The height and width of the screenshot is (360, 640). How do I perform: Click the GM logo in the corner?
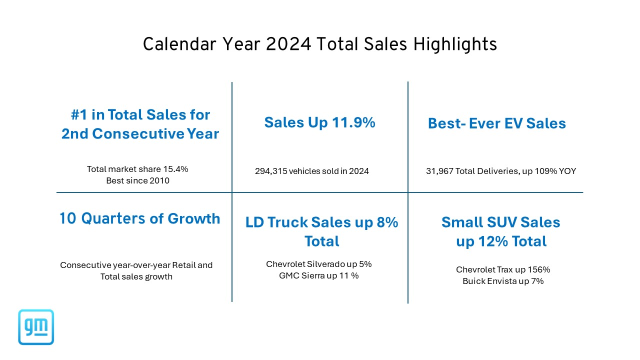click(x=36, y=327)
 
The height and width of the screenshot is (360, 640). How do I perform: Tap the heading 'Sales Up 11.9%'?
click(x=319, y=122)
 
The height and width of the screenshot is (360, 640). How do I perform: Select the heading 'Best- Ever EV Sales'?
click(x=496, y=123)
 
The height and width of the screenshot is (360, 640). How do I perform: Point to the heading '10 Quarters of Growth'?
click(x=139, y=218)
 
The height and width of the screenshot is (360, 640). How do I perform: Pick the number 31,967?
click(x=439, y=171)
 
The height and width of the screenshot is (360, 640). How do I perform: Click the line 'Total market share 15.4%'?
click(x=137, y=169)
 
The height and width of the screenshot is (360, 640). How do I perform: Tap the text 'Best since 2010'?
click(x=137, y=180)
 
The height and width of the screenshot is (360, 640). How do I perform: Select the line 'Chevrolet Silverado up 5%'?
click(x=318, y=264)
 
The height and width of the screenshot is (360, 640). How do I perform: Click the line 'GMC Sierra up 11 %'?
click(x=318, y=275)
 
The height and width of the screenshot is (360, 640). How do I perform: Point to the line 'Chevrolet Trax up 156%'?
click(x=503, y=269)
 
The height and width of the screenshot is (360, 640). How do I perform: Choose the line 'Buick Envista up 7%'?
click(x=503, y=281)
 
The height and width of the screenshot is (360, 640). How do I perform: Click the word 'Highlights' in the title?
click(x=455, y=44)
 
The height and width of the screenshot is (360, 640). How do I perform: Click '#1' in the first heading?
click(x=80, y=114)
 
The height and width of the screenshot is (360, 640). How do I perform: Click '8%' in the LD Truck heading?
click(x=386, y=222)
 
